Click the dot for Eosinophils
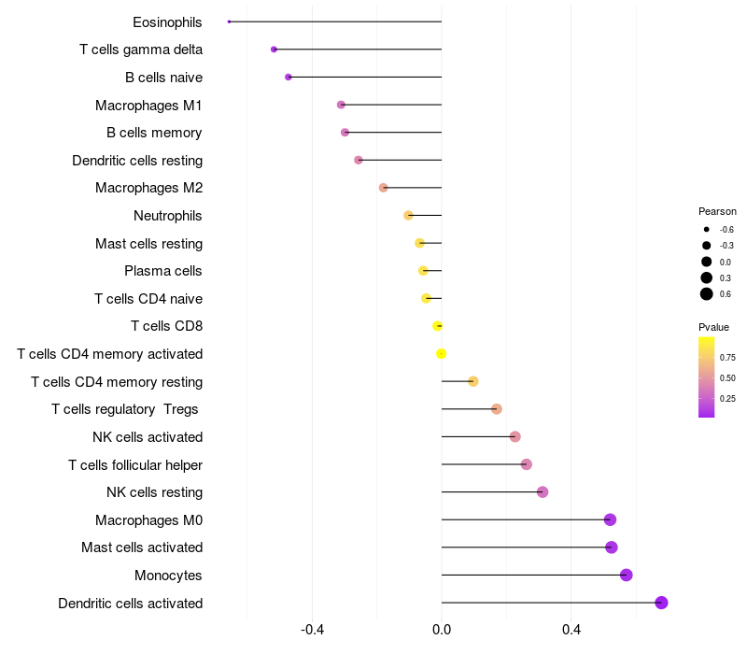[x=229, y=21]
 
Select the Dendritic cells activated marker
[x=661, y=603]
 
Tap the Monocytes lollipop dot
[x=626, y=575]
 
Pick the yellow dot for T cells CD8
[x=437, y=326]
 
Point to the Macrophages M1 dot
[x=341, y=105]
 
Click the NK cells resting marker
[x=543, y=491]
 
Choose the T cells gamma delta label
[x=141, y=50]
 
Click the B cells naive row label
[x=163, y=78]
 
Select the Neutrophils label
[x=168, y=216]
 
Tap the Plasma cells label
[x=163, y=271]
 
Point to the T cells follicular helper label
[x=135, y=464]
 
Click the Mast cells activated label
[x=142, y=547]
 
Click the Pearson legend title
[x=717, y=211]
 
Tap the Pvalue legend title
[x=714, y=327]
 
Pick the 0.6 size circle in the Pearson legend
[x=707, y=294]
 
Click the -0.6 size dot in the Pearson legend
[x=707, y=229]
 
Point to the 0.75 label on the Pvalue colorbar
[x=728, y=357]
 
